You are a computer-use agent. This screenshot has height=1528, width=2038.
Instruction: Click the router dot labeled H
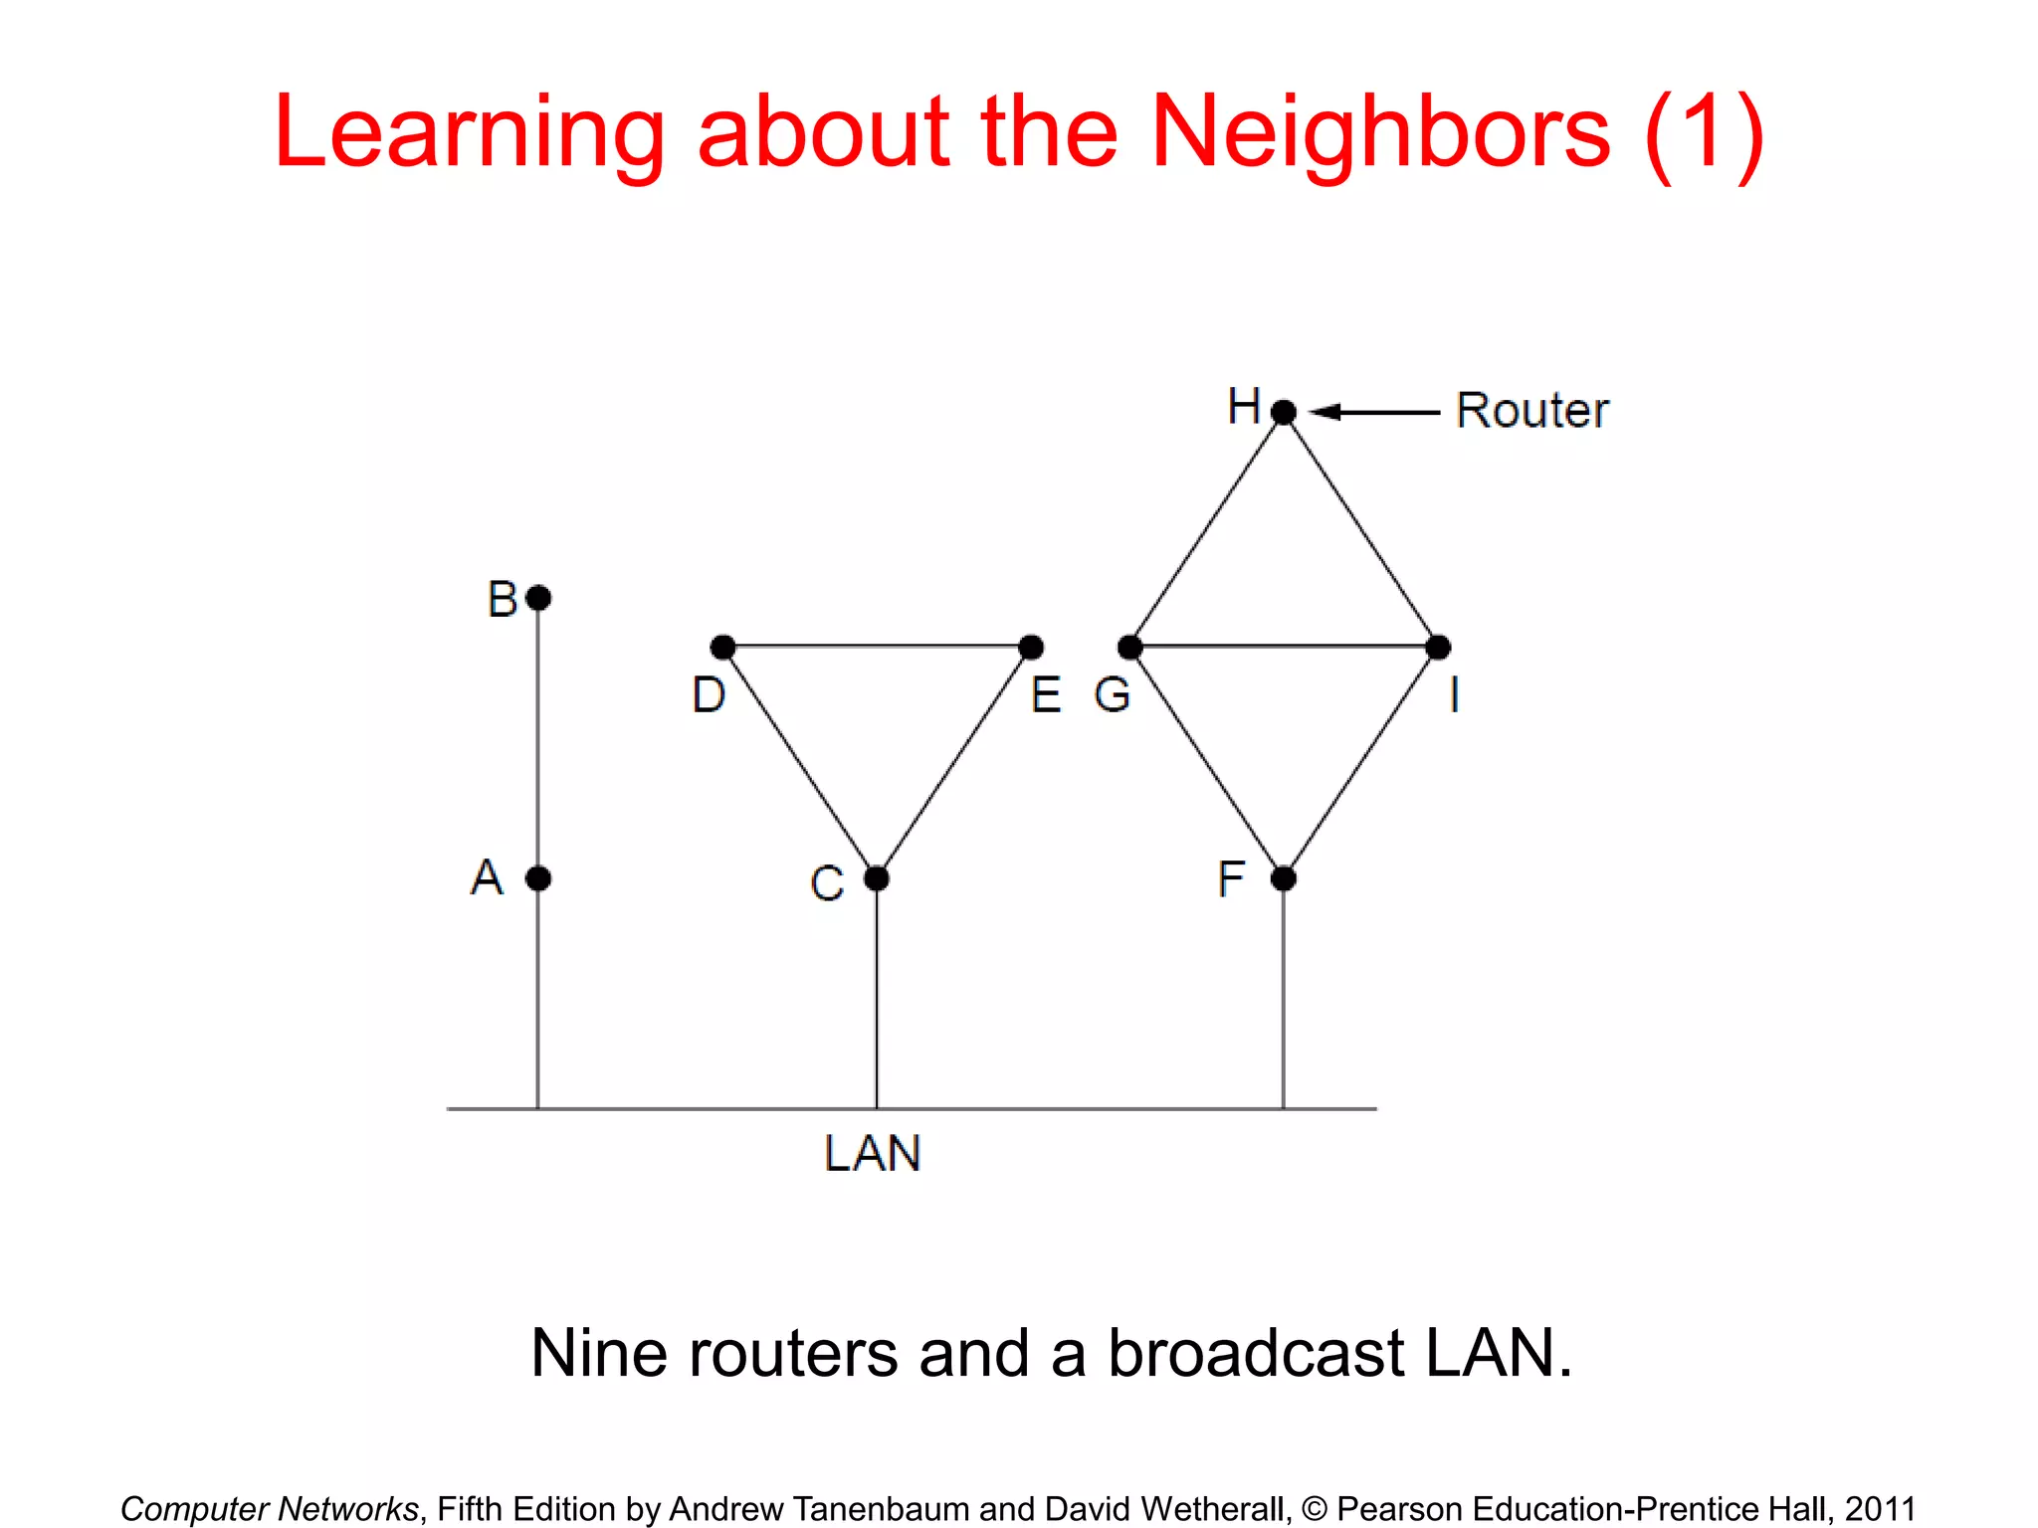[x=1284, y=411]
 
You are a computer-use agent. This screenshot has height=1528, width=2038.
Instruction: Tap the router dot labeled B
[x=538, y=598]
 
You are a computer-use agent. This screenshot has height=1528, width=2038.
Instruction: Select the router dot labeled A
[x=538, y=878]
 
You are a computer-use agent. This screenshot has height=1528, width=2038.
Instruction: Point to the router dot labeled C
[x=877, y=878]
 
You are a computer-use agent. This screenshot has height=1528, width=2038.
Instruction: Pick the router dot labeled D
[x=723, y=648]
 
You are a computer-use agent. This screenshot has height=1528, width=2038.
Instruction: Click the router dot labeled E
[x=1031, y=648]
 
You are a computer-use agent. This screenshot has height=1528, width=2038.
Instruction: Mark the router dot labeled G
[x=1130, y=648]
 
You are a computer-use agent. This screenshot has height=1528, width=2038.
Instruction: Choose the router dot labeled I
[x=1438, y=648]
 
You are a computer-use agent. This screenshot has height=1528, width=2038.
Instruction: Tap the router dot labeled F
[x=1284, y=878]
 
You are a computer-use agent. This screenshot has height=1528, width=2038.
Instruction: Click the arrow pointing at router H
[x=1373, y=411]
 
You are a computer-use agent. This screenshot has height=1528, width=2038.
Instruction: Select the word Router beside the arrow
[x=1531, y=410]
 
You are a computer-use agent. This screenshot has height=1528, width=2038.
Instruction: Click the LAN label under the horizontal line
[x=873, y=1154]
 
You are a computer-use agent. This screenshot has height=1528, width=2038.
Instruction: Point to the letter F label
[x=1231, y=878]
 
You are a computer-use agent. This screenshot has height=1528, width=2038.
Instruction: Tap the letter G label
[x=1113, y=694]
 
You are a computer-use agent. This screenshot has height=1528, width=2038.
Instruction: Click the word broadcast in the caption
[x=1256, y=1353]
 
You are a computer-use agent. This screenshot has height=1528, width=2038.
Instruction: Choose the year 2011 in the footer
[x=1880, y=1509]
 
